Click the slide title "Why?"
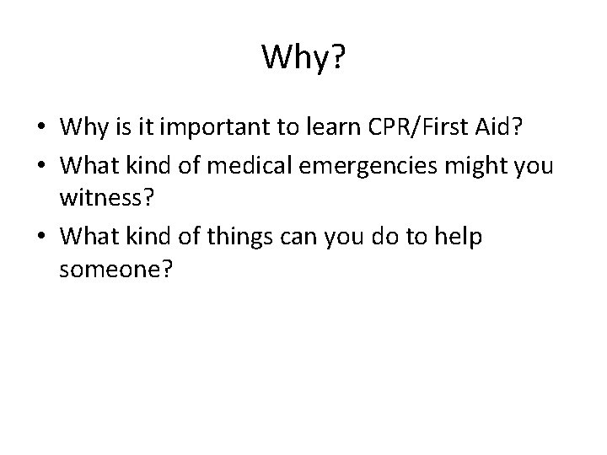tap(303, 57)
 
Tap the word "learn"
tap(327, 129)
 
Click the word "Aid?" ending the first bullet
tap(497, 129)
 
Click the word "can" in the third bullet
tap(295, 238)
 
